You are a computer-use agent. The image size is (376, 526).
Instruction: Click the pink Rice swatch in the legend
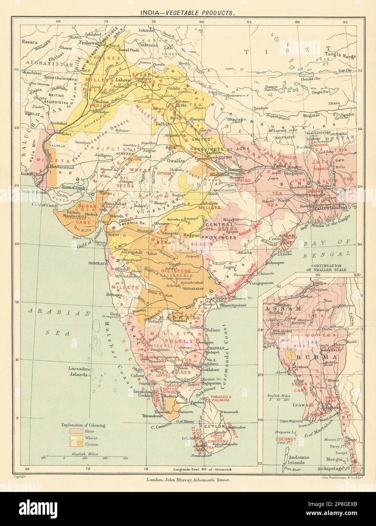point(75,431)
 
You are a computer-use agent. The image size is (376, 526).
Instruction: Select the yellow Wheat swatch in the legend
point(75,437)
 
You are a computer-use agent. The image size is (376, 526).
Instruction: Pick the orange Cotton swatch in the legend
point(75,444)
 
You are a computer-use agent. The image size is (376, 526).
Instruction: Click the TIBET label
point(272,54)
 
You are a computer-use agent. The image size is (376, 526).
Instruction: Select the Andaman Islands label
point(298,459)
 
